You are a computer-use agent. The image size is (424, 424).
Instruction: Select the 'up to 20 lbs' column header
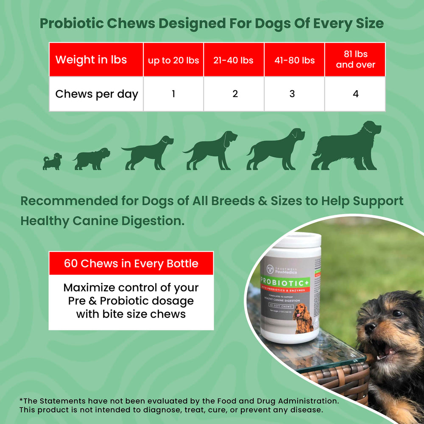173,60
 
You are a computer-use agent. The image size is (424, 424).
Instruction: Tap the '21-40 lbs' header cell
234,60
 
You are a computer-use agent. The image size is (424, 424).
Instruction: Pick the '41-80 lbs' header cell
294,60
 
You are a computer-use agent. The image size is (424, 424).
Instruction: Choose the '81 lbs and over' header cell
355,59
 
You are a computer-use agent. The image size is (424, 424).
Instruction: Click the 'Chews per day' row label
97,94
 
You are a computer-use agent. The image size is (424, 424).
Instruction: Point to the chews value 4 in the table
355,94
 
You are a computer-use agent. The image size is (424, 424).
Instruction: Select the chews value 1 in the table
173,94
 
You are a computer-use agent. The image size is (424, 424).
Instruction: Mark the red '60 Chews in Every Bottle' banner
131,263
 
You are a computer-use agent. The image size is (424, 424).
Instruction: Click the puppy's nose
369,327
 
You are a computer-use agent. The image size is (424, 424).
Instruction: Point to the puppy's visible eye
397,313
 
